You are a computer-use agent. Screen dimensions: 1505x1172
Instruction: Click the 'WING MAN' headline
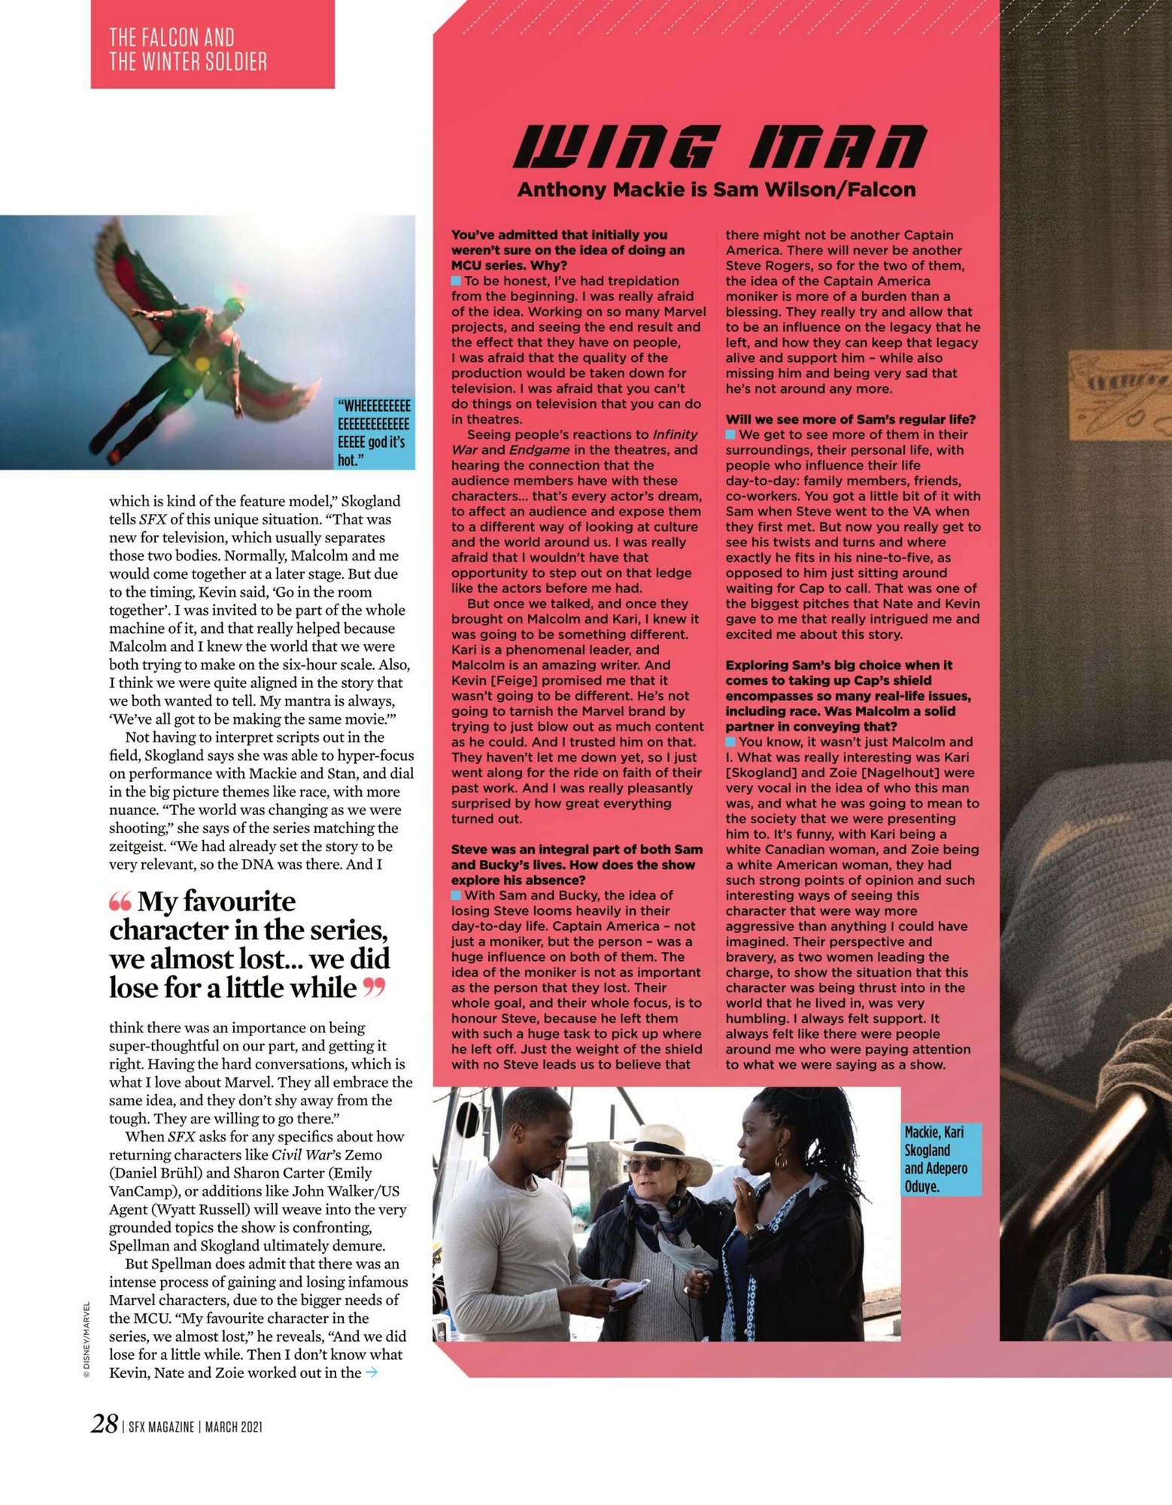(720, 147)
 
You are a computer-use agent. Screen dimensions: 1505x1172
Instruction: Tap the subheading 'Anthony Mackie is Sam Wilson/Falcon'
(716, 190)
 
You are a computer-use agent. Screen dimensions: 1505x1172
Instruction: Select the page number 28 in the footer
(105, 1424)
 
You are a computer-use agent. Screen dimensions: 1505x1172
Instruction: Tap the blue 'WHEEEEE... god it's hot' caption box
(374, 433)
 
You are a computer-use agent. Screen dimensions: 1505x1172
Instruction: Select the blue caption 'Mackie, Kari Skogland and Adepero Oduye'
(940, 1159)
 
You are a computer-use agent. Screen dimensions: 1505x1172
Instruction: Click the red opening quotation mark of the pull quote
(120, 901)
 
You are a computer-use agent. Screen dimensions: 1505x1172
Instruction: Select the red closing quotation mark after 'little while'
(374, 988)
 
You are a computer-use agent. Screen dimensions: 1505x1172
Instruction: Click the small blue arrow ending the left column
(371, 1373)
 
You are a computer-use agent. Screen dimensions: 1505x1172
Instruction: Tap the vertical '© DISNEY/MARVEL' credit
(87, 1339)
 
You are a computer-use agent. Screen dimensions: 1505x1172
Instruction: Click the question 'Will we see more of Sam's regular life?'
(850, 419)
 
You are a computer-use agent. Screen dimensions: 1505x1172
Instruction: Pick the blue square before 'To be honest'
(456, 281)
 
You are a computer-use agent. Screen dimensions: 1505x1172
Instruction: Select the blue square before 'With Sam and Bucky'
(456, 895)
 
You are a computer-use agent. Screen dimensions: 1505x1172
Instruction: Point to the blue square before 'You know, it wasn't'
(730, 742)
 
